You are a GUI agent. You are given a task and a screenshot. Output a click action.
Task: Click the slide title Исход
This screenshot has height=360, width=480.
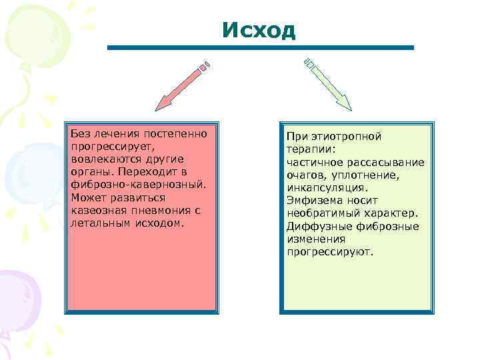point(259,30)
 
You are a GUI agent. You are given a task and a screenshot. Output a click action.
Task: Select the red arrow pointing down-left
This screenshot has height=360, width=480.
point(182,86)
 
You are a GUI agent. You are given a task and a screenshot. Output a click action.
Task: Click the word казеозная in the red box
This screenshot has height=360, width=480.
point(94,211)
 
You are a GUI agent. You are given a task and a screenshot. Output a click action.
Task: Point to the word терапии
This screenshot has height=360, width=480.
point(309,149)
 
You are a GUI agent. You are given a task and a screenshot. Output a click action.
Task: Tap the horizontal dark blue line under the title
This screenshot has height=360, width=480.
point(260,48)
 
